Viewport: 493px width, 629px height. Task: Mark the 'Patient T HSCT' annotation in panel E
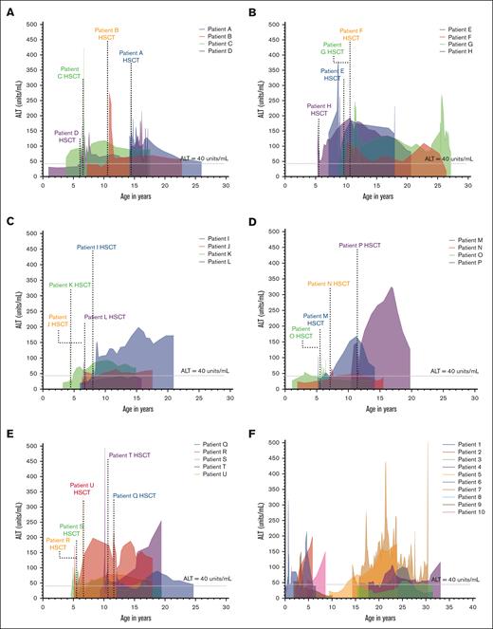tap(129, 456)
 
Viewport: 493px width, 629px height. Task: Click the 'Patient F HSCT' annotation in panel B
tap(352, 35)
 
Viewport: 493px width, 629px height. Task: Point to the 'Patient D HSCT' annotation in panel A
tap(66, 137)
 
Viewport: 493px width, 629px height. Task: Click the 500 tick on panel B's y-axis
tap(280, 21)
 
